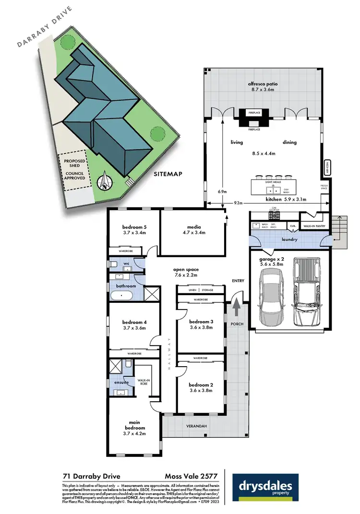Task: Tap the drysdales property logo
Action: tap(265, 486)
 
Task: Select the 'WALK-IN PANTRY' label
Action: tap(315, 226)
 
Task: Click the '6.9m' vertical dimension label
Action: tap(222, 191)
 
